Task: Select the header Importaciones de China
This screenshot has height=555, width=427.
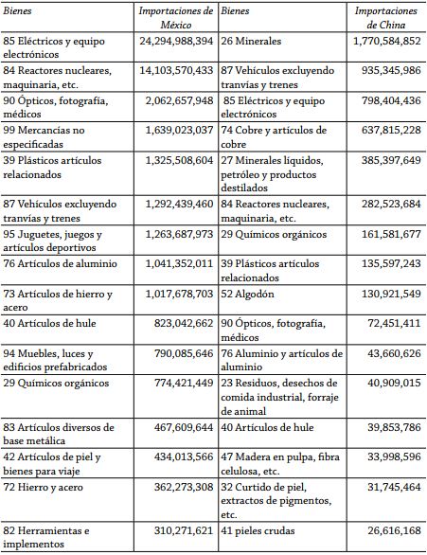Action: click(x=385, y=17)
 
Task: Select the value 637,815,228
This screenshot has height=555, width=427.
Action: click(x=383, y=130)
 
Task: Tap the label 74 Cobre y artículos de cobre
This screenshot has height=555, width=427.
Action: click(x=274, y=137)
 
